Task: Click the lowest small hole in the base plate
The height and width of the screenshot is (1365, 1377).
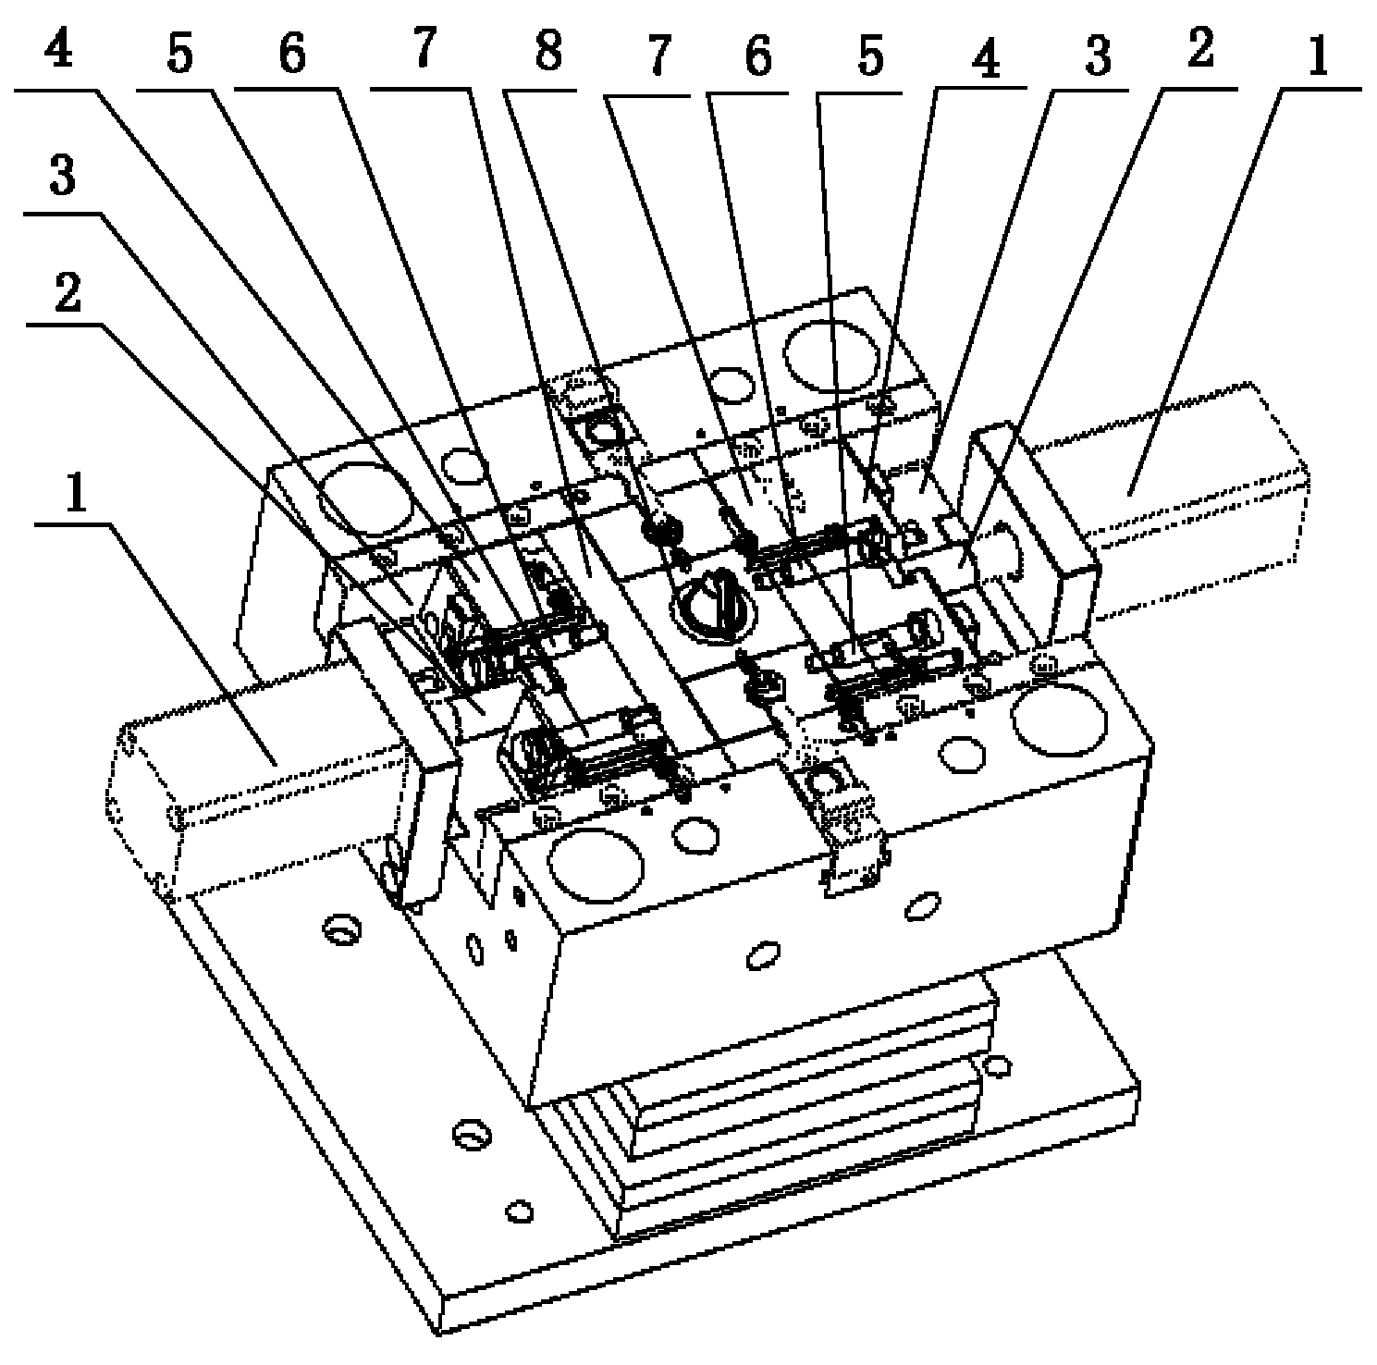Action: (x=520, y=1210)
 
